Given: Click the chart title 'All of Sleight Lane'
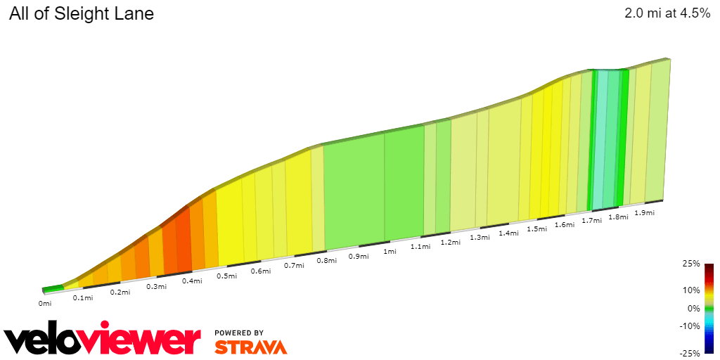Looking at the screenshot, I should tap(82, 13).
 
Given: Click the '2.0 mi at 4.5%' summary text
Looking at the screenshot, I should tap(667, 13).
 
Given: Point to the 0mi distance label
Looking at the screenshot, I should tap(45, 304).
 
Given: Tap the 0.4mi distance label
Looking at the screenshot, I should tap(193, 281).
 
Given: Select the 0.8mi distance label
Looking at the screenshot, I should tap(326, 260).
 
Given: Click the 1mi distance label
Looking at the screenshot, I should tap(390, 251).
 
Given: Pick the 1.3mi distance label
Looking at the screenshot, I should tap(480, 237).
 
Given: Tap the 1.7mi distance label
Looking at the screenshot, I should tap(591, 220).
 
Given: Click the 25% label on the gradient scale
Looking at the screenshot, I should tap(691, 264).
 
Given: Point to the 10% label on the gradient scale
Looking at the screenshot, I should tap(691, 290).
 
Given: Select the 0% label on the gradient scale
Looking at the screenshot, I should tap(693, 308).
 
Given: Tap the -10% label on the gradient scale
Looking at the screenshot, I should tap(690, 326).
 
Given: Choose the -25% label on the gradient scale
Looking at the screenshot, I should tap(690, 353).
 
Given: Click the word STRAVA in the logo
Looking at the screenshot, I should tap(250, 347).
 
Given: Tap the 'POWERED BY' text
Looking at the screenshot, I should tap(239, 333).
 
